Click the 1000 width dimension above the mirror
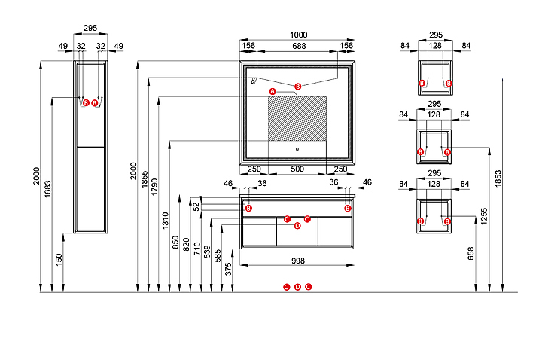point(299,35)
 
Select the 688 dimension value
point(299,47)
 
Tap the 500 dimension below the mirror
point(298,169)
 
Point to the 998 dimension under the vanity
point(298,261)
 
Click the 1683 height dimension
point(48,188)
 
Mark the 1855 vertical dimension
point(145,184)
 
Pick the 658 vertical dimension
point(472,254)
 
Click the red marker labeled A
point(273,90)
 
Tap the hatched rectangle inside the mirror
point(297,117)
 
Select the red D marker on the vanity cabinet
point(297,225)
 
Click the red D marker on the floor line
point(297,287)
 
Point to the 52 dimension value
point(197,205)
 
